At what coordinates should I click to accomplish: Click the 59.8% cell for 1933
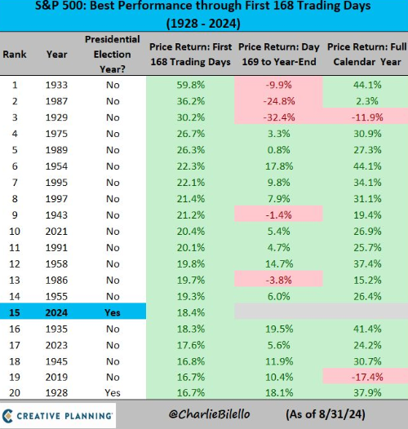click(191, 85)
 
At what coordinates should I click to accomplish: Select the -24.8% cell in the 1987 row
click(279, 101)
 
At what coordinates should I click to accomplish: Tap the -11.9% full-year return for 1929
click(367, 117)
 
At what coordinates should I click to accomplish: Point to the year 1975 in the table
click(56, 134)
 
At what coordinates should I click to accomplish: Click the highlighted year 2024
click(56, 312)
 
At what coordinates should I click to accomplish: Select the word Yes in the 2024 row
click(113, 312)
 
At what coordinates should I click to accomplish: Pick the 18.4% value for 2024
click(191, 312)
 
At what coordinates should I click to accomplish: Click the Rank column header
click(15, 54)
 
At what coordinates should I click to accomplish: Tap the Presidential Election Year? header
click(113, 54)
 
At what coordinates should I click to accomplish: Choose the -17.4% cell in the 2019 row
click(367, 378)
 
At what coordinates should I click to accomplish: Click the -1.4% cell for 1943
click(279, 215)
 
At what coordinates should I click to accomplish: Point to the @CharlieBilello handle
click(209, 414)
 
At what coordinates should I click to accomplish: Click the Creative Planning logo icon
click(7, 416)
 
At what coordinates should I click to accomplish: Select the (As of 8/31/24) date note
click(326, 414)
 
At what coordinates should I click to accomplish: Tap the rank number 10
click(15, 232)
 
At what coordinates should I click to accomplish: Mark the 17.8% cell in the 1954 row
click(279, 166)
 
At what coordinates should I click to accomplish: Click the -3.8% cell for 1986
click(279, 281)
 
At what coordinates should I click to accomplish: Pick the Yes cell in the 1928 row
click(113, 393)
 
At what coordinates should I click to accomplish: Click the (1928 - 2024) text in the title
click(203, 24)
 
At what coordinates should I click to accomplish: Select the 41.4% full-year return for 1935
click(367, 329)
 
